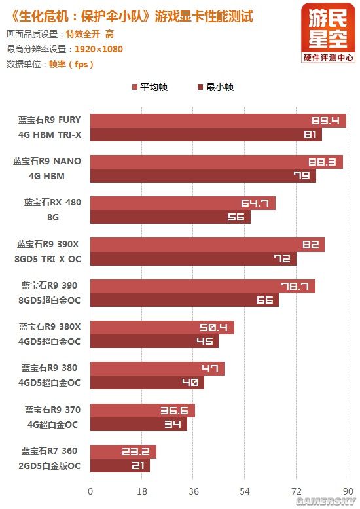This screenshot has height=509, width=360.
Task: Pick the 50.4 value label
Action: [214, 327]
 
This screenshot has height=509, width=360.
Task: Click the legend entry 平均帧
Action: [150, 87]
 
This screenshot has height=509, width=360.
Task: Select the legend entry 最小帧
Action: [215, 87]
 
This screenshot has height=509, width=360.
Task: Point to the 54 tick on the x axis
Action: [245, 491]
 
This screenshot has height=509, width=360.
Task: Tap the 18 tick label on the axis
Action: [141, 491]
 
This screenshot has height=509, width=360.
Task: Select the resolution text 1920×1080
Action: [98, 49]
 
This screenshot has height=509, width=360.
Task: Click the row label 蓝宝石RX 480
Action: [53, 202]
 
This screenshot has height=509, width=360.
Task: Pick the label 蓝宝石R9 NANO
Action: [48, 161]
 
